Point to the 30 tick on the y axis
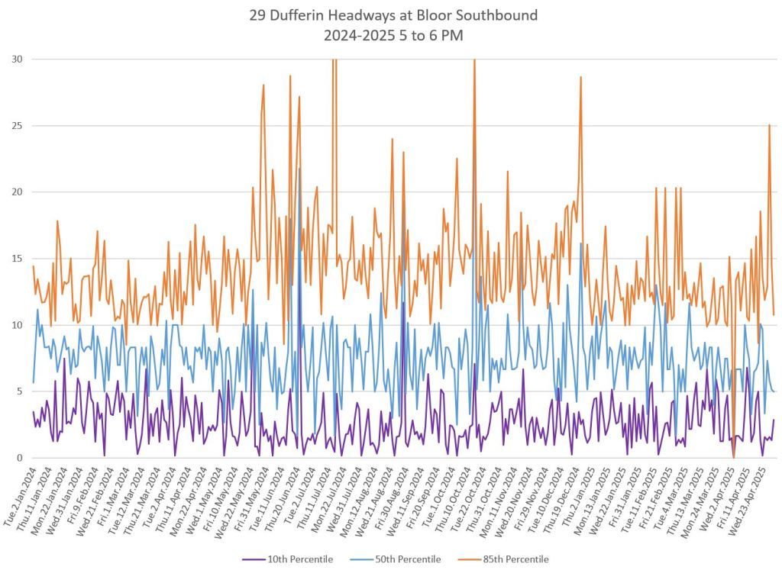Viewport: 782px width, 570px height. point(17,60)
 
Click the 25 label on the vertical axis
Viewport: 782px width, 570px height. point(17,126)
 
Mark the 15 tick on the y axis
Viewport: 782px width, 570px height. point(17,259)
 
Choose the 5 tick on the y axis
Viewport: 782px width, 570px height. point(19,391)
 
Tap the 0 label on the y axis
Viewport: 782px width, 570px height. point(19,458)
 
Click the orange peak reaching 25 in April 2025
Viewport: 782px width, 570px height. point(769,125)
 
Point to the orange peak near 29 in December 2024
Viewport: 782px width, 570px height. point(580,77)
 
